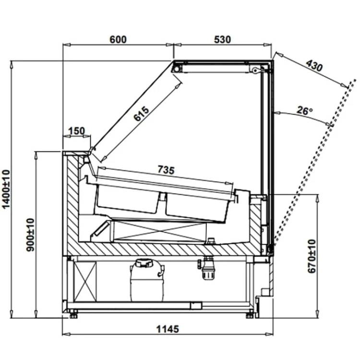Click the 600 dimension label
(118, 39)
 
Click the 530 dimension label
(222, 39)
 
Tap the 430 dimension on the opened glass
(314, 65)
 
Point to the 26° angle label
(305, 111)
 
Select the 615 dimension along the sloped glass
(141, 113)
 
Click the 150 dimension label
(76, 131)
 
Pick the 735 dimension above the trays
(166, 170)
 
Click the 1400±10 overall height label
(6, 189)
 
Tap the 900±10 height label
(30, 235)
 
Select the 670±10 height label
(312, 256)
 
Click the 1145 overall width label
(168, 329)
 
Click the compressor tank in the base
(147, 280)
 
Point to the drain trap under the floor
(206, 268)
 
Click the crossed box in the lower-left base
(85, 281)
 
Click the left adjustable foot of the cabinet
(73, 314)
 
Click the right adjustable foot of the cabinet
(250, 314)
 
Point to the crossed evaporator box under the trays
(160, 231)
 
